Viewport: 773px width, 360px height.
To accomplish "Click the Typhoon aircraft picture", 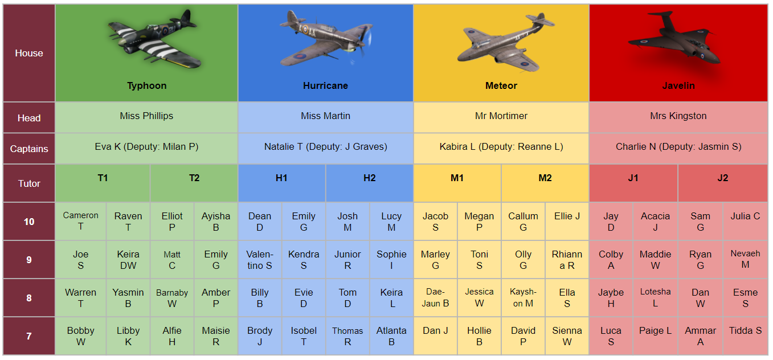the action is [154, 40].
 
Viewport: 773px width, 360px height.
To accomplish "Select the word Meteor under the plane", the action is [501, 85].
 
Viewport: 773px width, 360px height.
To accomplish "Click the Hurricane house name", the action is [325, 85].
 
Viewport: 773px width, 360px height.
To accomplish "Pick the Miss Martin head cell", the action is [325, 117].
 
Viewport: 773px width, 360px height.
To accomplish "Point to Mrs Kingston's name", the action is [678, 116].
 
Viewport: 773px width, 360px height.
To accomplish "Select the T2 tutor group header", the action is [194, 183].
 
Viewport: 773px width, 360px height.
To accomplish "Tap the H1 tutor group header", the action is [281, 183].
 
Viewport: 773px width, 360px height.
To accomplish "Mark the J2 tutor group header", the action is [723, 183].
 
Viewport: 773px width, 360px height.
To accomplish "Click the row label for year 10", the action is [29, 221].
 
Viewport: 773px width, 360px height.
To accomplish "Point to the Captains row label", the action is [29, 149].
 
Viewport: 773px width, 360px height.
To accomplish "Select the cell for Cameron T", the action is [81, 221].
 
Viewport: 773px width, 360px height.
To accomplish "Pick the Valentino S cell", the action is [260, 260].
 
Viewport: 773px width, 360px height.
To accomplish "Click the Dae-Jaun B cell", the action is [436, 297].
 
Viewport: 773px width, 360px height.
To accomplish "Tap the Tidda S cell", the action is [746, 336].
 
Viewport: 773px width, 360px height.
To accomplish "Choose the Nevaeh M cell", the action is [746, 260].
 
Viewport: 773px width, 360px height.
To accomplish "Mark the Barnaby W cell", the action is [172, 297].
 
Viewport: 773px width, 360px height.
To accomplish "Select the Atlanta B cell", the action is [391, 336].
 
